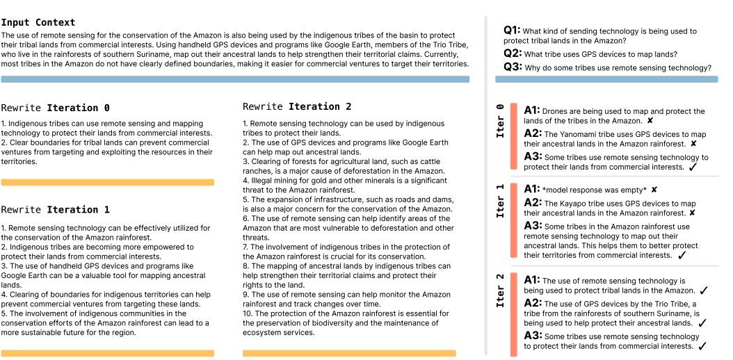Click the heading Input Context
(x=38, y=23)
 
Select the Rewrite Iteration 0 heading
(x=55, y=108)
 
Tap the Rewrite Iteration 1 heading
(x=55, y=210)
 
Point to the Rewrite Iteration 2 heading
(x=297, y=107)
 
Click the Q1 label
(x=512, y=31)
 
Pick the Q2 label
(x=512, y=54)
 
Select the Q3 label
(x=512, y=67)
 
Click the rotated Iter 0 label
(x=500, y=120)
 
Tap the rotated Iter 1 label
(x=500, y=201)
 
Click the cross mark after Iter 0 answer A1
(x=649, y=121)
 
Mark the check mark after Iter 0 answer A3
(x=693, y=167)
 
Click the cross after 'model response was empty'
(x=654, y=190)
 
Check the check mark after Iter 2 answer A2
(x=702, y=323)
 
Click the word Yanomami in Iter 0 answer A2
(x=583, y=134)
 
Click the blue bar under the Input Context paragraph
(x=235, y=79)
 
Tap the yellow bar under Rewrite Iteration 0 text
(x=107, y=182)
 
